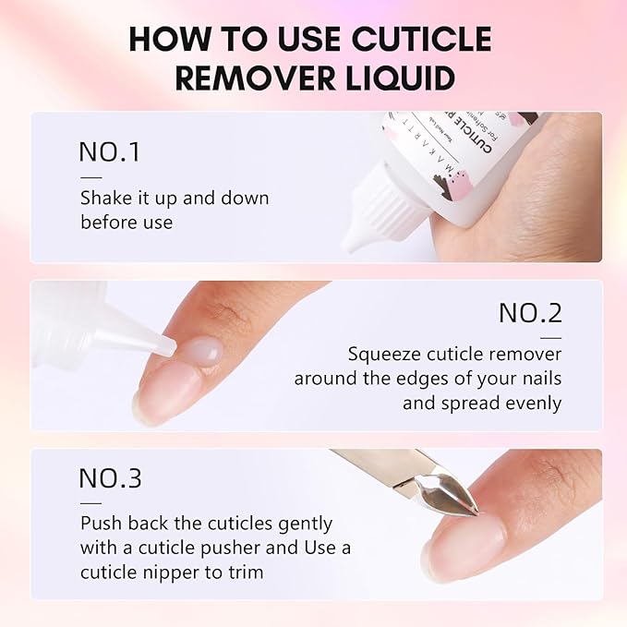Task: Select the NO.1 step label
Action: (x=110, y=152)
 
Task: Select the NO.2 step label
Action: (x=529, y=313)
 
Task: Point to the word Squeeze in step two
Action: (x=384, y=355)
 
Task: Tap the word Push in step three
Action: (x=98, y=523)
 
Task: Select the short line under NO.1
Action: (x=90, y=176)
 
